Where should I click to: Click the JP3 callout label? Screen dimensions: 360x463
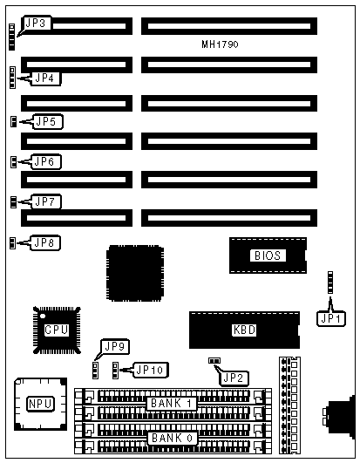click(x=37, y=23)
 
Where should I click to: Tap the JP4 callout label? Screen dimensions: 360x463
click(x=45, y=78)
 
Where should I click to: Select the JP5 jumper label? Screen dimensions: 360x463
click(x=48, y=121)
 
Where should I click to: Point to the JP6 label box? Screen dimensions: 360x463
click(x=45, y=161)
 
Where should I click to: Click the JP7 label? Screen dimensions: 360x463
click(x=45, y=201)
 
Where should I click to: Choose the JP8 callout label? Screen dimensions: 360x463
click(x=45, y=242)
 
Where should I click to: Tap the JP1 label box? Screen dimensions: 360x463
click(x=330, y=318)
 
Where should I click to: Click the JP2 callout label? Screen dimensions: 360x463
click(x=234, y=378)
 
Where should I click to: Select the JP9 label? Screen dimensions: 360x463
click(x=115, y=346)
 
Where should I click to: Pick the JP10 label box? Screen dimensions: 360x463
click(x=151, y=370)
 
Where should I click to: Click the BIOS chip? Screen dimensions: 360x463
click(x=268, y=255)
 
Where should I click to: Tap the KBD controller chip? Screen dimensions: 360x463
click(x=244, y=330)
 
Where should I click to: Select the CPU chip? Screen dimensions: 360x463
click(x=57, y=330)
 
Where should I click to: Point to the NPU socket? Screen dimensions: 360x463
click(x=41, y=404)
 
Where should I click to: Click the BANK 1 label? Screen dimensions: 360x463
click(x=172, y=404)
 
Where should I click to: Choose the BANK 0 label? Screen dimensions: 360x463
click(x=172, y=438)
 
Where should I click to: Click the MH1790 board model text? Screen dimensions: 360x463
click(x=220, y=44)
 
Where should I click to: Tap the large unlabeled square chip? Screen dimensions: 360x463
click(x=135, y=273)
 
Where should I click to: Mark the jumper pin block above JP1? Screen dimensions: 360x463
click(x=330, y=283)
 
